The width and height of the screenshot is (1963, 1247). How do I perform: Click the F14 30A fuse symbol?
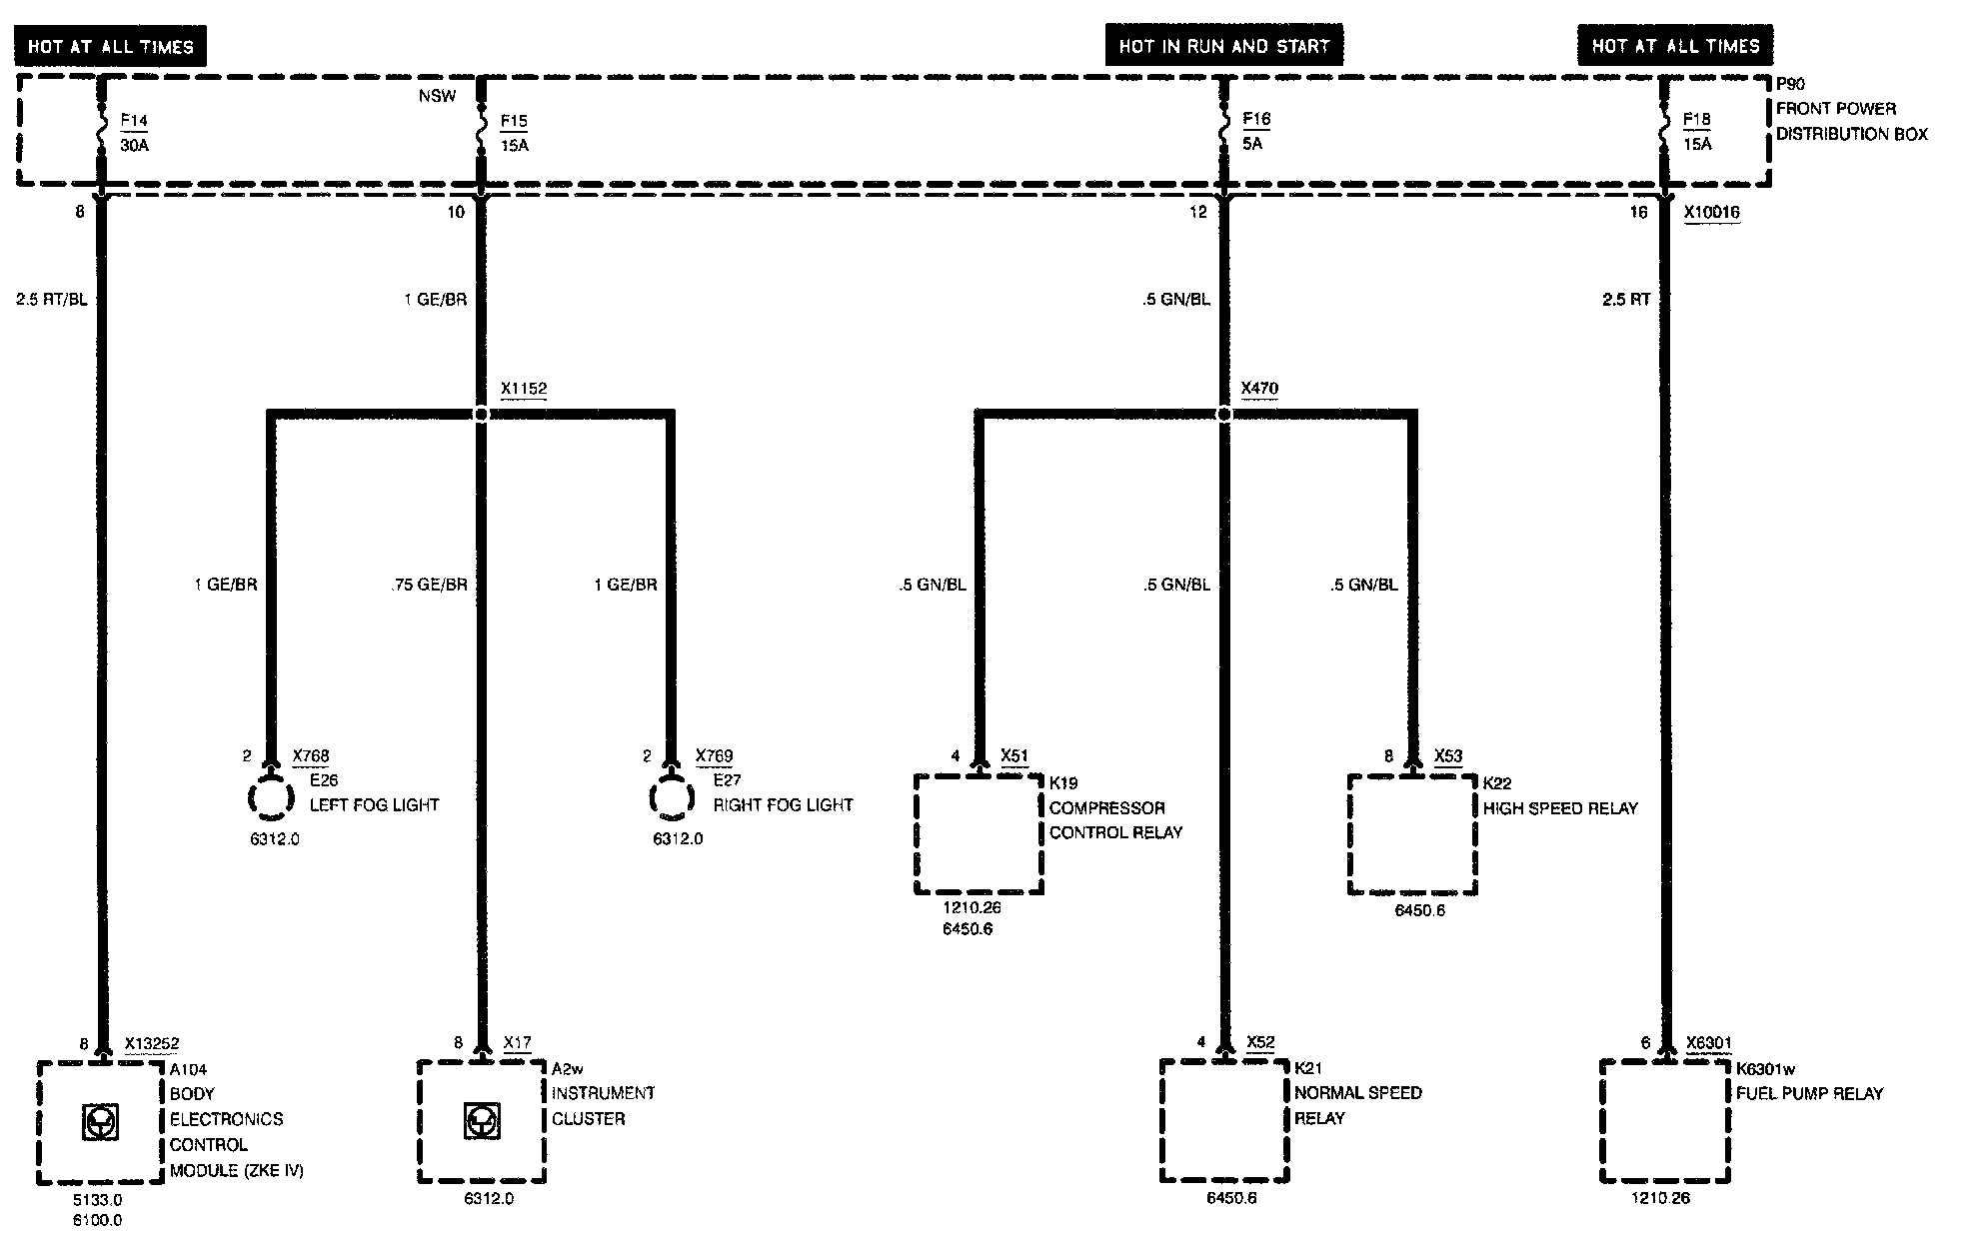[101, 131]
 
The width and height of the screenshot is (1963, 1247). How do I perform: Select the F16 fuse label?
[1256, 120]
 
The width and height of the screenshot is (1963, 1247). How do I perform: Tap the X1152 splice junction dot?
[481, 414]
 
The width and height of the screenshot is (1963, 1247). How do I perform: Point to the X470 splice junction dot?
[1224, 414]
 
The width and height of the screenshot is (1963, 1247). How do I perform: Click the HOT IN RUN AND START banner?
[1224, 46]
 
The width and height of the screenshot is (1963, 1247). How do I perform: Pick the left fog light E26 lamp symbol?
[270, 798]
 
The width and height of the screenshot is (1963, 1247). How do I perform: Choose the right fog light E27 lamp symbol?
[673, 798]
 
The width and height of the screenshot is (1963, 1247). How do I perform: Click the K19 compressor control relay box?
[980, 834]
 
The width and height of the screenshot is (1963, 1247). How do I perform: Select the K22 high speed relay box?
[1412, 834]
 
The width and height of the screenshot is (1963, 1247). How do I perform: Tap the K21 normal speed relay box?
[1224, 1121]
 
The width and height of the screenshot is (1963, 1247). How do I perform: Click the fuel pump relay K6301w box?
[1665, 1121]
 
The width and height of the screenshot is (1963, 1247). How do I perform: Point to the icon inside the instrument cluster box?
[482, 1122]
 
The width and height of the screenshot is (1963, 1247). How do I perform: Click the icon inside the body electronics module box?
[100, 1123]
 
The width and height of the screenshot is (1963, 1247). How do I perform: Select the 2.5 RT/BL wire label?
[52, 299]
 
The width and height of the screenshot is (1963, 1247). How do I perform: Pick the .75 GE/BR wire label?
[430, 585]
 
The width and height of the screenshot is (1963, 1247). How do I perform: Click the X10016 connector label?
[1711, 212]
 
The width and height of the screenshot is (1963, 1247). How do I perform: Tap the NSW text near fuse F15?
[438, 96]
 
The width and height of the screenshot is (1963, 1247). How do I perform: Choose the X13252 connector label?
[152, 1044]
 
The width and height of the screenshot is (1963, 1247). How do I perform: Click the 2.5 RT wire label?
[1626, 299]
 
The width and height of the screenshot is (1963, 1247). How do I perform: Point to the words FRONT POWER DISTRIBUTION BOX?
[1851, 121]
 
